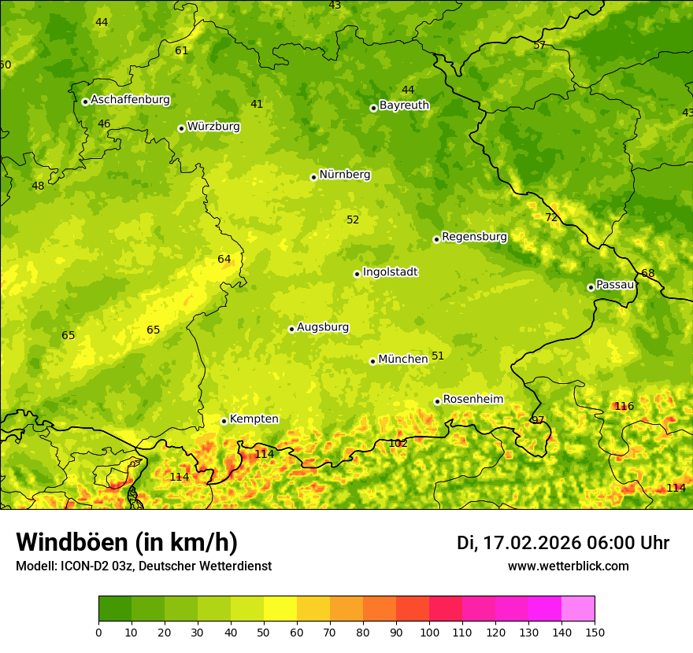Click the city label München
402,360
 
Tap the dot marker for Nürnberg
313,177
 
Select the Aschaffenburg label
130,100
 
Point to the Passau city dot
591,287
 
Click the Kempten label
254,419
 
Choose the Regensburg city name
474,237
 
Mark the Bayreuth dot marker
373,108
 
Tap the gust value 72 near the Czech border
551,218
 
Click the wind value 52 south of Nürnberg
353,220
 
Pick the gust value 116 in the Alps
624,407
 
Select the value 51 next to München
438,356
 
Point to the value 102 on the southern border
398,444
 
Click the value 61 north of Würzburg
182,51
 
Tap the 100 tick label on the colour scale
429,632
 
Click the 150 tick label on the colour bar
595,632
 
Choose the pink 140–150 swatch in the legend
578,609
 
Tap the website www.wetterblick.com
568,566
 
